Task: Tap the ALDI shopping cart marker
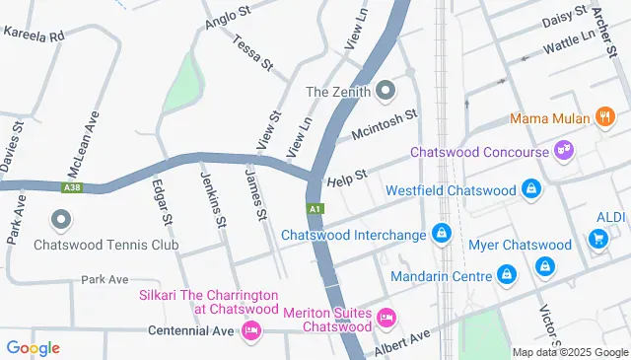(x=596, y=238)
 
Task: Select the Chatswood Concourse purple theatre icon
(x=566, y=152)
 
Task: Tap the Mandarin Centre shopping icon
(x=507, y=274)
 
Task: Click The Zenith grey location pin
(x=386, y=92)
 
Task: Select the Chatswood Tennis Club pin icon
(x=62, y=219)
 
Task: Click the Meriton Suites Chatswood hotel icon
(x=386, y=319)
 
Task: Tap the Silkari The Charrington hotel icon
(x=250, y=328)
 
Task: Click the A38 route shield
(x=70, y=187)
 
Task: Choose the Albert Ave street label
(x=402, y=343)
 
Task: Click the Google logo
(x=33, y=347)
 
